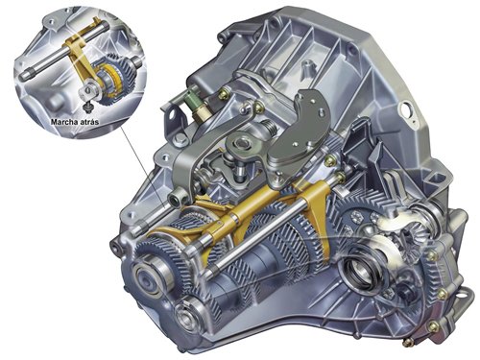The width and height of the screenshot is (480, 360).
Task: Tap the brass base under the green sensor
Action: pyautogui.click(x=202, y=113)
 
